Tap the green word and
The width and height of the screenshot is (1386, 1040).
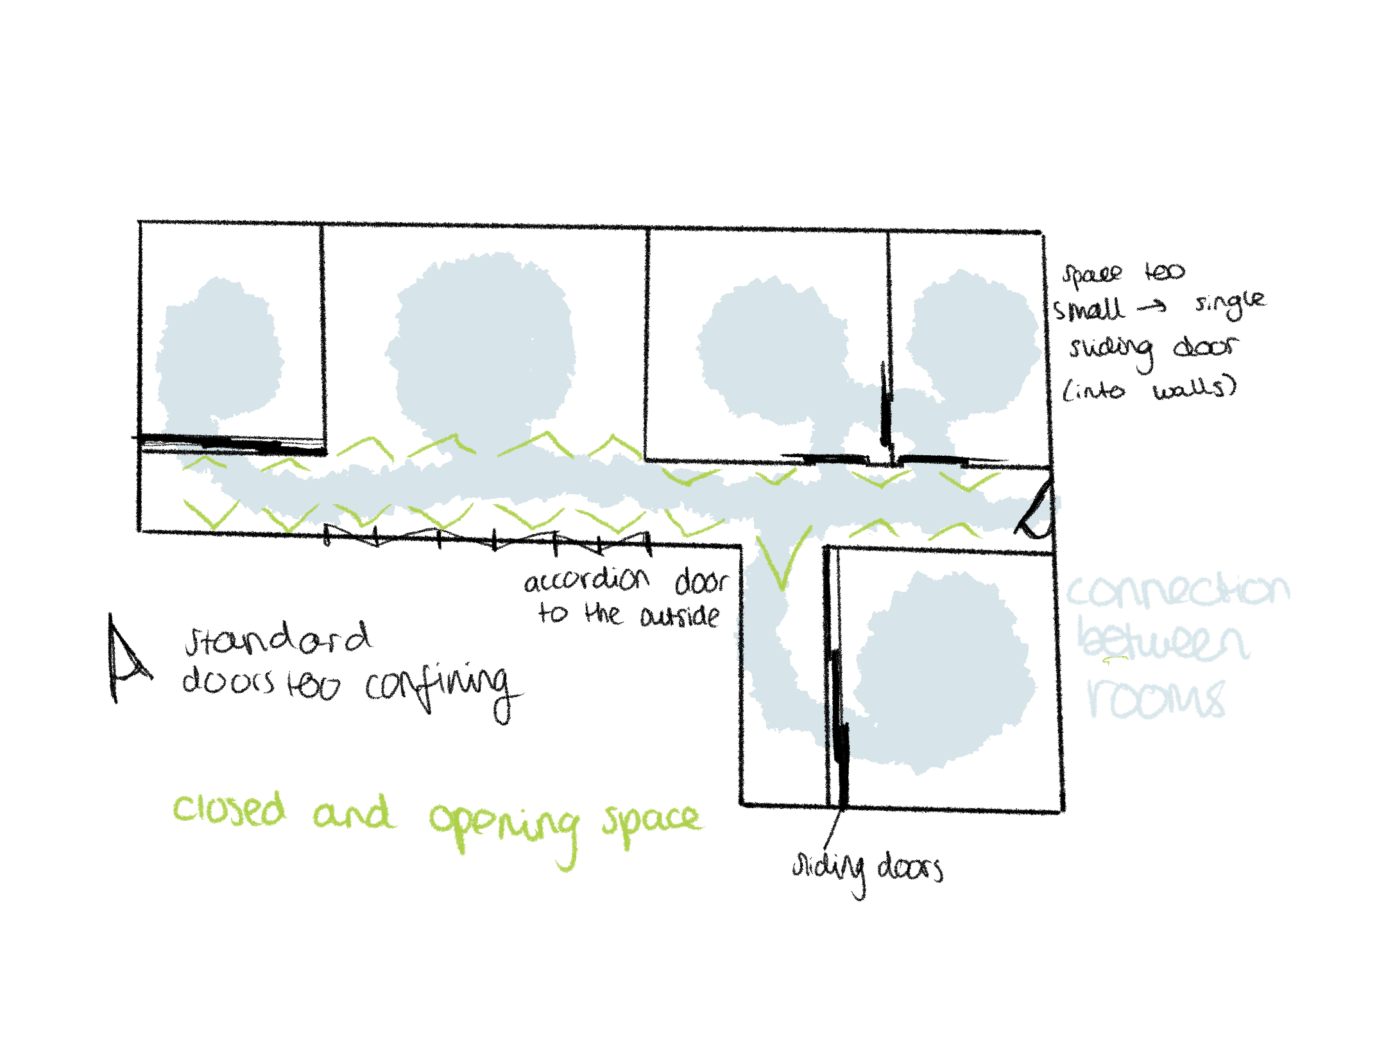350,817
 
